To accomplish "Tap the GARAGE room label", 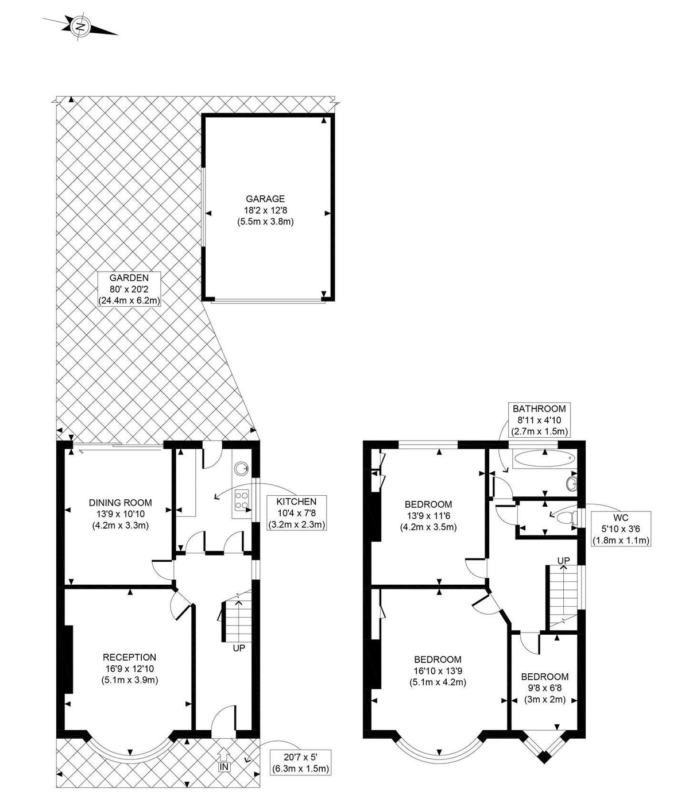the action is pyautogui.click(x=265, y=210).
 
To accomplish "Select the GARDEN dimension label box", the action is pyautogui.click(x=129, y=289).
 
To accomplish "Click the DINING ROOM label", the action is pyautogui.click(x=120, y=514).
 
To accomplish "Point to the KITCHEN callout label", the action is pyautogui.click(x=296, y=513).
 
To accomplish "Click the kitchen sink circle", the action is pyautogui.click(x=242, y=468).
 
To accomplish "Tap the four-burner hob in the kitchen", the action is pyautogui.click(x=242, y=500).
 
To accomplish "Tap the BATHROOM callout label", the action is pyautogui.click(x=539, y=420).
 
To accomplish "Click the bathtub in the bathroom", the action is pyautogui.click(x=544, y=459).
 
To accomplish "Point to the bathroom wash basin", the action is pyautogui.click(x=572, y=484).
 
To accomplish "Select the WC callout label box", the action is pyautogui.click(x=621, y=529).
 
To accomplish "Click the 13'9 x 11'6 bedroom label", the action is pyautogui.click(x=428, y=515).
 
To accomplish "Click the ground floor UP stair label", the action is pyautogui.click(x=239, y=648).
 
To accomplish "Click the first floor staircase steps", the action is pyautogui.click(x=563, y=596).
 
